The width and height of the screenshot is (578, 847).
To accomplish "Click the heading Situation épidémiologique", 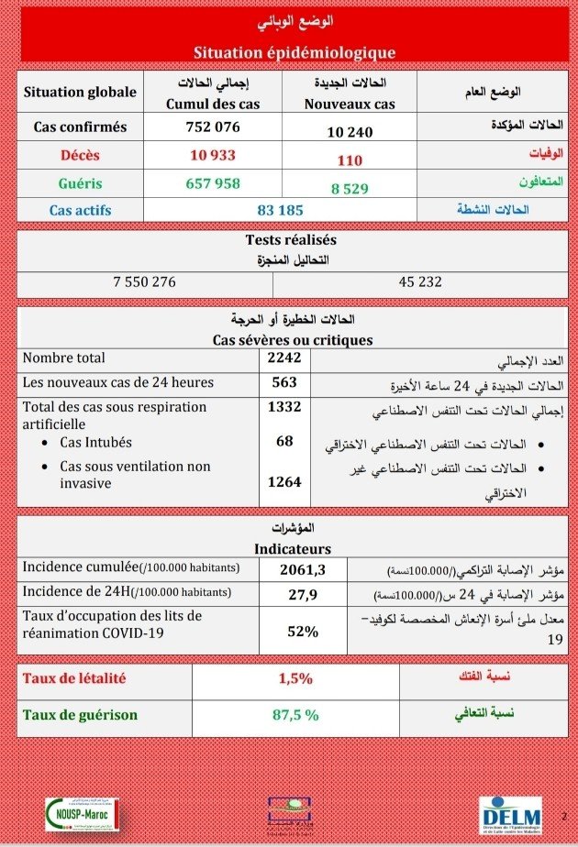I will pos(295,52).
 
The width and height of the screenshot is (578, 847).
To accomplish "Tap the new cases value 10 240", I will pos(350,132).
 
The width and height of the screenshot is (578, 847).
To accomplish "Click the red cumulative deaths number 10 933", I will pos(213,155).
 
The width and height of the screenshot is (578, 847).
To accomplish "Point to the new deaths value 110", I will pos(350,160).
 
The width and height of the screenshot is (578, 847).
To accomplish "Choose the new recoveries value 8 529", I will pos(350,188).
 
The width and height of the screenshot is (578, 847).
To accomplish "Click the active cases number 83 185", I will pos(280,210).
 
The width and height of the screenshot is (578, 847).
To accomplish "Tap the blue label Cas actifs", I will pos(80,210).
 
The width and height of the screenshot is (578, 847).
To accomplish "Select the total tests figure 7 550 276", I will pos(144,281).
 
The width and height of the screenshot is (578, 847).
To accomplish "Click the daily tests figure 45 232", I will pos(420,281).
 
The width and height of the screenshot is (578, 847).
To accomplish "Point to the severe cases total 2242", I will pos(283,358).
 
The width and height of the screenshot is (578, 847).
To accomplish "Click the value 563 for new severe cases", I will pos(283,382).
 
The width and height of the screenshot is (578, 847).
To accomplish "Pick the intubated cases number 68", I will pos(284,441).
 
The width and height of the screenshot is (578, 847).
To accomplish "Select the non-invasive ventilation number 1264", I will pos(283,480).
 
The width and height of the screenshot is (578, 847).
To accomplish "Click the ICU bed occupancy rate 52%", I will pos(303,631).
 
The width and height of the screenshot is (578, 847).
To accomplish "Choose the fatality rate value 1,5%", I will pos(295,679).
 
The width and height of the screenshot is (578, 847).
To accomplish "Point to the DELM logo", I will pos(510,815).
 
